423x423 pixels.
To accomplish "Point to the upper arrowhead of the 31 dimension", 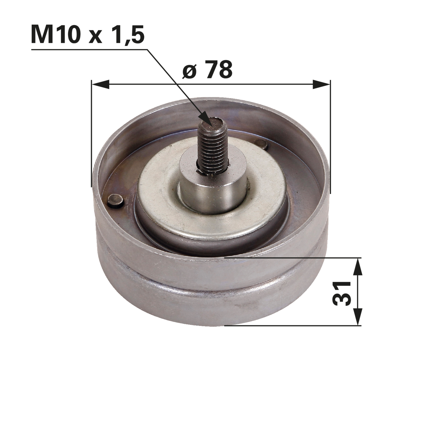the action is (357, 267).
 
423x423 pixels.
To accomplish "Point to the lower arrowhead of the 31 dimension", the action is (357, 316).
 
